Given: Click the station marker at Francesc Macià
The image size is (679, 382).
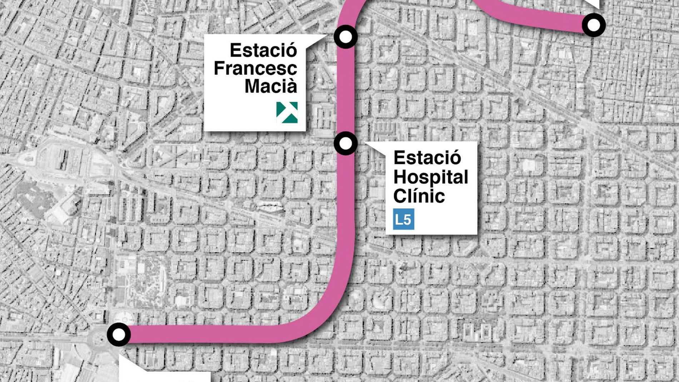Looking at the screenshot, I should click(346, 36).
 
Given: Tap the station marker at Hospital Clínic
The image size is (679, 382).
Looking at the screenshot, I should click(346, 143).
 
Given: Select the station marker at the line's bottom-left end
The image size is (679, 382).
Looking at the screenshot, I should click(119, 334).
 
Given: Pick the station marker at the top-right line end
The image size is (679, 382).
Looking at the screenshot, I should click(594, 25).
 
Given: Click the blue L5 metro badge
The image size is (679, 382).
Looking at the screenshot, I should click(403, 219).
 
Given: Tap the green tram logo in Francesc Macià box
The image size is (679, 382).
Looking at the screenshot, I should click(287, 112).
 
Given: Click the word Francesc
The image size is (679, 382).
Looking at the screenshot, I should click(255, 68).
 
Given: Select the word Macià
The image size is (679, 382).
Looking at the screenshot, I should click(271, 86).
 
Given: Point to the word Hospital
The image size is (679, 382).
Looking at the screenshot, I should click(430, 177).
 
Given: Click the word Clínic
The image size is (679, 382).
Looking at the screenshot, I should click(419, 196).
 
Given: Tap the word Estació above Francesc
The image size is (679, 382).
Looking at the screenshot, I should click(263, 50).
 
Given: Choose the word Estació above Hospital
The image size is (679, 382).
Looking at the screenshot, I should click(427, 158).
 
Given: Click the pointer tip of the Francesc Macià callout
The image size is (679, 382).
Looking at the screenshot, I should click(326, 36).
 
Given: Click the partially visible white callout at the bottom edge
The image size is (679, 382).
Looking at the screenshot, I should click(164, 375).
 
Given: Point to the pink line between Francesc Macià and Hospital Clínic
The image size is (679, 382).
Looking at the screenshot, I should click(346, 89).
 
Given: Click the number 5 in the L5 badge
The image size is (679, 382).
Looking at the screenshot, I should click(407, 219).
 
